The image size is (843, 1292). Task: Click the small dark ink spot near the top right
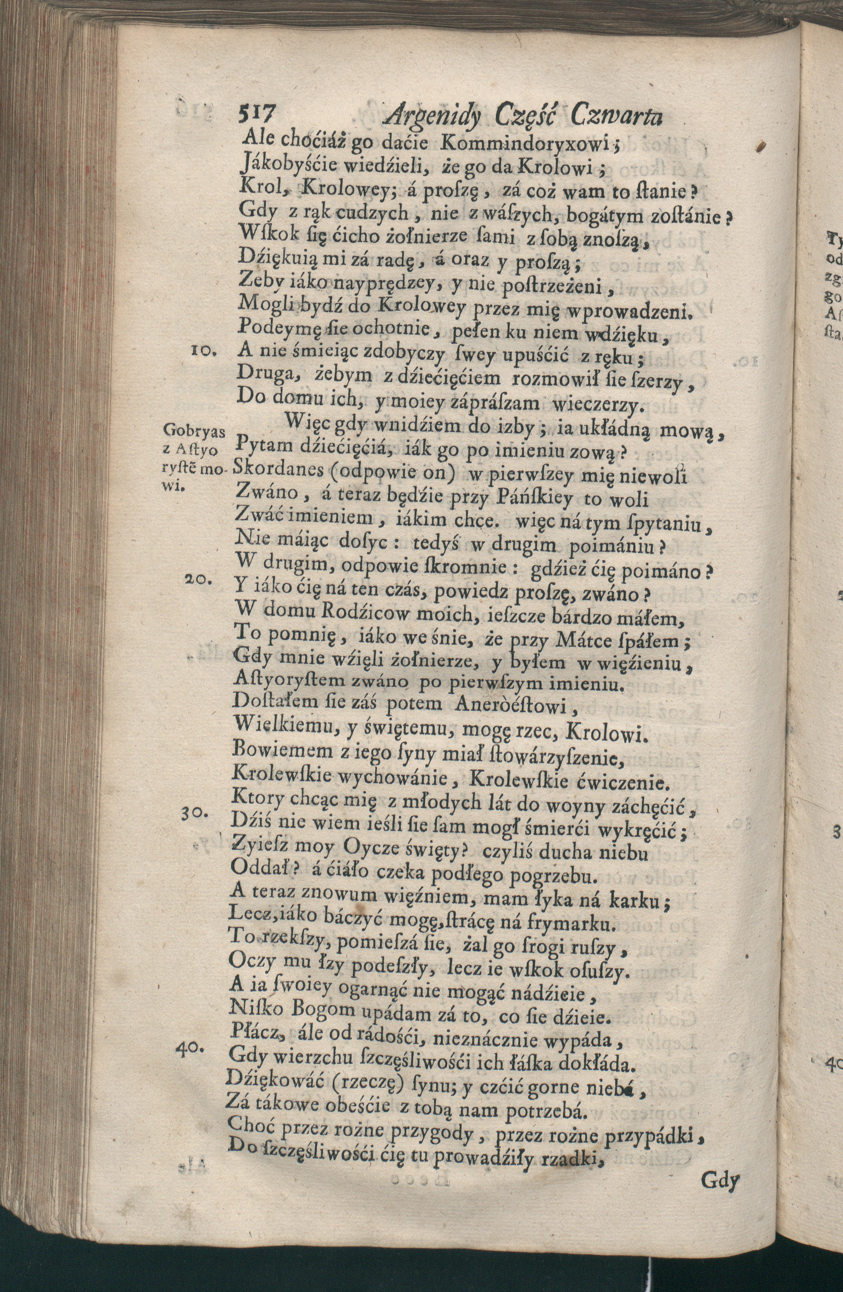762,145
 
